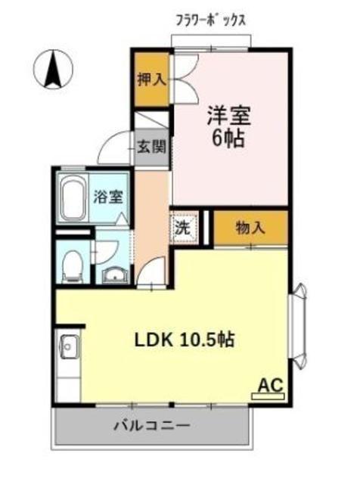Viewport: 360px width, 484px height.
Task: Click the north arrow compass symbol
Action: (53, 70)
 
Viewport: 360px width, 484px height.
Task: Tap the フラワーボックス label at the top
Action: (211, 20)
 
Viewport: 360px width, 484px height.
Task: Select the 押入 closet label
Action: (151, 79)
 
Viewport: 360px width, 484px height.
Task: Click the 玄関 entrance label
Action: (151, 147)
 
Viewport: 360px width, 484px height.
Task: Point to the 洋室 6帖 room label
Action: (228, 126)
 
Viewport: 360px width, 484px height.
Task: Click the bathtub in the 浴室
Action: (73, 198)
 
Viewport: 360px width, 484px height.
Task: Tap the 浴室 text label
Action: (108, 197)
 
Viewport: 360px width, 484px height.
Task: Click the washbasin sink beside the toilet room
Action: (115, 275)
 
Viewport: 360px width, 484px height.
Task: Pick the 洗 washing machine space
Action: (185, 228)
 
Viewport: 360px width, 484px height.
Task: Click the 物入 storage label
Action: (250, 228)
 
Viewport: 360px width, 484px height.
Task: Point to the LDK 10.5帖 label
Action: (185, 340)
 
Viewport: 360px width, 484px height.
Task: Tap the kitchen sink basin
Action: (70, 346)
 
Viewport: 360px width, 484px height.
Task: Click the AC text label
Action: (271, 385)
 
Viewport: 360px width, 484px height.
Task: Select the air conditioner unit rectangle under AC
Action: (268, 396)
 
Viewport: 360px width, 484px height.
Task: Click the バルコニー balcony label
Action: (151, 427)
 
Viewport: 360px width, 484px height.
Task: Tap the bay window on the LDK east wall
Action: (298, 326)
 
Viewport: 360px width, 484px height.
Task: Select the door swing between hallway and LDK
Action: (152, 271)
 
